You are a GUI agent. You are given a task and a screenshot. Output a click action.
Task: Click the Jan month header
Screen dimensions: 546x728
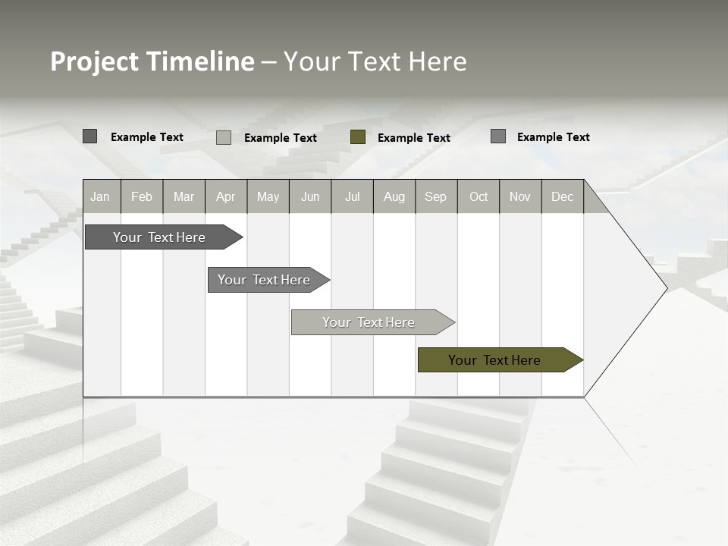[100, 196]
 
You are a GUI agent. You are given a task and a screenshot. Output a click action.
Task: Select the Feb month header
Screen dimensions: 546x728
[142, 196]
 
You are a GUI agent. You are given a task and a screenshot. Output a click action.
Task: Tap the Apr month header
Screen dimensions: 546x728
[225, 196]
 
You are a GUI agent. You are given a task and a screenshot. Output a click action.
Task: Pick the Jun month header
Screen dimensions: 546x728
[310, 196]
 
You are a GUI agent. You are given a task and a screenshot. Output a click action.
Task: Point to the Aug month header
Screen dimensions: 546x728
[394, 196]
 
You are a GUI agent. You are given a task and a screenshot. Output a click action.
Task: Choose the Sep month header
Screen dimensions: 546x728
[435, 196]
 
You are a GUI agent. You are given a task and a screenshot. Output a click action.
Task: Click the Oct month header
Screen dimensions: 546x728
[479, 196]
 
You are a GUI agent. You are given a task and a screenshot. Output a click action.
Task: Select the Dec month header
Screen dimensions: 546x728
[562, 196]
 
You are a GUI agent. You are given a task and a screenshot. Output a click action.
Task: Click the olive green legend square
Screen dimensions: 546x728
[358, 137]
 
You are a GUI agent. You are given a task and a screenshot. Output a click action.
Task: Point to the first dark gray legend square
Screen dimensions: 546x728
[90, 136]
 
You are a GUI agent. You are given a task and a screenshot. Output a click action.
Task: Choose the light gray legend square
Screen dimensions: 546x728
[224, 137]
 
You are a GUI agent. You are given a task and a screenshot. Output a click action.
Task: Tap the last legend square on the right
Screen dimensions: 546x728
[498, 136]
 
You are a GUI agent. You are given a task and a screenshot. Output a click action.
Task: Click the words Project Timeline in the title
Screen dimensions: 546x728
[152, 61]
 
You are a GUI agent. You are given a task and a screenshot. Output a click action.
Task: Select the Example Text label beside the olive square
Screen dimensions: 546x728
[413, 138]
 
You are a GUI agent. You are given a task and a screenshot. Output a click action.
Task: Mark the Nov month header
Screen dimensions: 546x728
[520, 196]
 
